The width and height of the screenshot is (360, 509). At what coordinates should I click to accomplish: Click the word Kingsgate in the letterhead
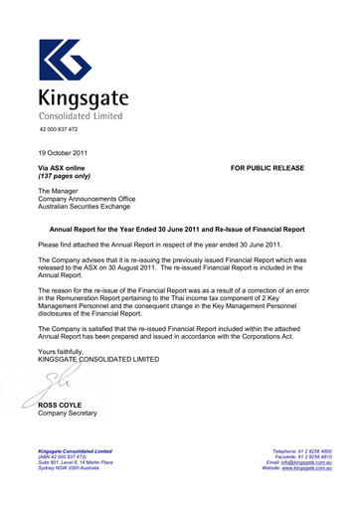pyautogui.click(x=84, y=99)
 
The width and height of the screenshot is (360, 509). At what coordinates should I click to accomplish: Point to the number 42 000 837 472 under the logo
pyautogui.click(x=59, y=130)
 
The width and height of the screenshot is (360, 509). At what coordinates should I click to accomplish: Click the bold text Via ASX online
pyautogui.click(x=61, y=168)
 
